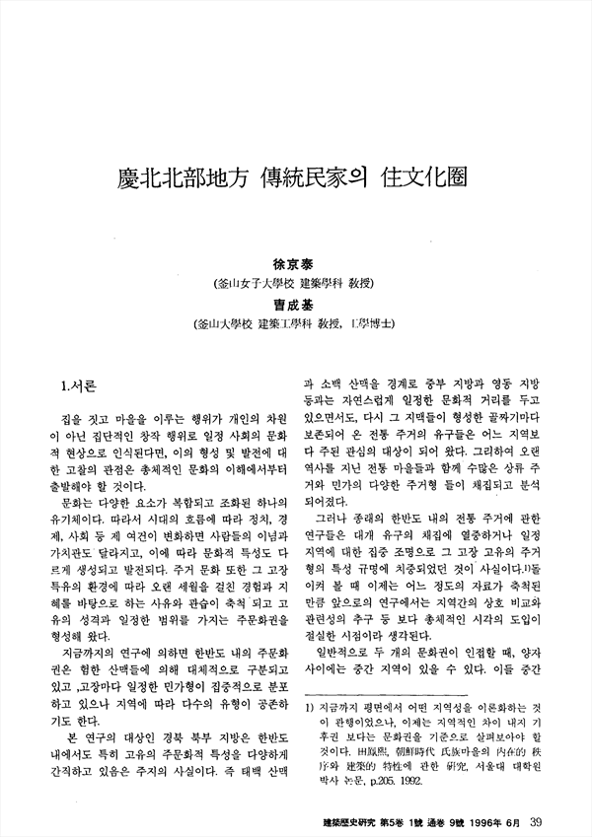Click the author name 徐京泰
pos(297,266)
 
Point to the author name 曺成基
pos(297,305)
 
